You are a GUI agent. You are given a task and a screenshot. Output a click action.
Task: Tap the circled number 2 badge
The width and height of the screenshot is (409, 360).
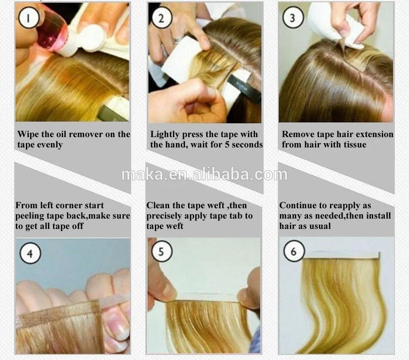pyautogui.click(x=162, y=18)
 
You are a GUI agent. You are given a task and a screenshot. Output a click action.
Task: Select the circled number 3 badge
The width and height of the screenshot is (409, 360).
pyautogui.click(x=293, y=18)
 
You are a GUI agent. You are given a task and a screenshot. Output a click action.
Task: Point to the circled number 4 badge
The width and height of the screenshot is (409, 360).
pyautogui.click(x=30, y=254)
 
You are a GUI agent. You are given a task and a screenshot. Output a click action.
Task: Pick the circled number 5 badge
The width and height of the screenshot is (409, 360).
pyautogui.click(x=162, y=251)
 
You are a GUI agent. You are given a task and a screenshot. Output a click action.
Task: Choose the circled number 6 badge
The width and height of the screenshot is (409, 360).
pyautogui.click(x=294, y=251)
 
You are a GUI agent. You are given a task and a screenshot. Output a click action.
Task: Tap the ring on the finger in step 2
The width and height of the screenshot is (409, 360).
pyautogui.click(x=178, y=40)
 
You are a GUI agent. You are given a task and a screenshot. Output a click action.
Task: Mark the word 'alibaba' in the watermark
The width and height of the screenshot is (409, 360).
pyautogui.click(x=221, y=175)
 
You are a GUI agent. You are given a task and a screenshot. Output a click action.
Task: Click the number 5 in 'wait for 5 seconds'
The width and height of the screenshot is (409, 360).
pyautogui.click(x=227, y=145)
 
